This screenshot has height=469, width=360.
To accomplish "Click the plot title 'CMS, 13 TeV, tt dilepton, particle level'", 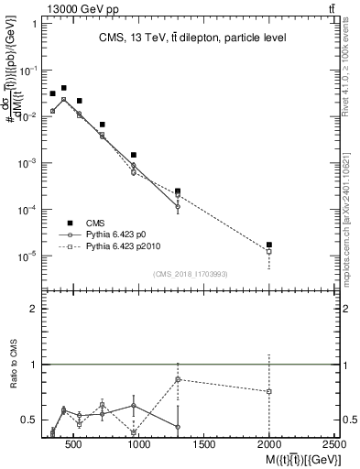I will click(x=193, y=38).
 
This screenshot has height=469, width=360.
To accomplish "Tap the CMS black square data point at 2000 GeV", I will click(x=269, y=245).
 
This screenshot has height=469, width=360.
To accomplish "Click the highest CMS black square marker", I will click(x=64, y=88).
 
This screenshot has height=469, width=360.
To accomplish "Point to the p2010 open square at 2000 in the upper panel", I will click(x=269, y=252).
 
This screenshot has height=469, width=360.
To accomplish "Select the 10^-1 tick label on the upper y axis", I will click(x=29, y=70).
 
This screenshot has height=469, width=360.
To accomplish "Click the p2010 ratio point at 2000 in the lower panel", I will click(x=269, y=392).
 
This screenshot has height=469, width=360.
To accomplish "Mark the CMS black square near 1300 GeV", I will click(x=178, y=191).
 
